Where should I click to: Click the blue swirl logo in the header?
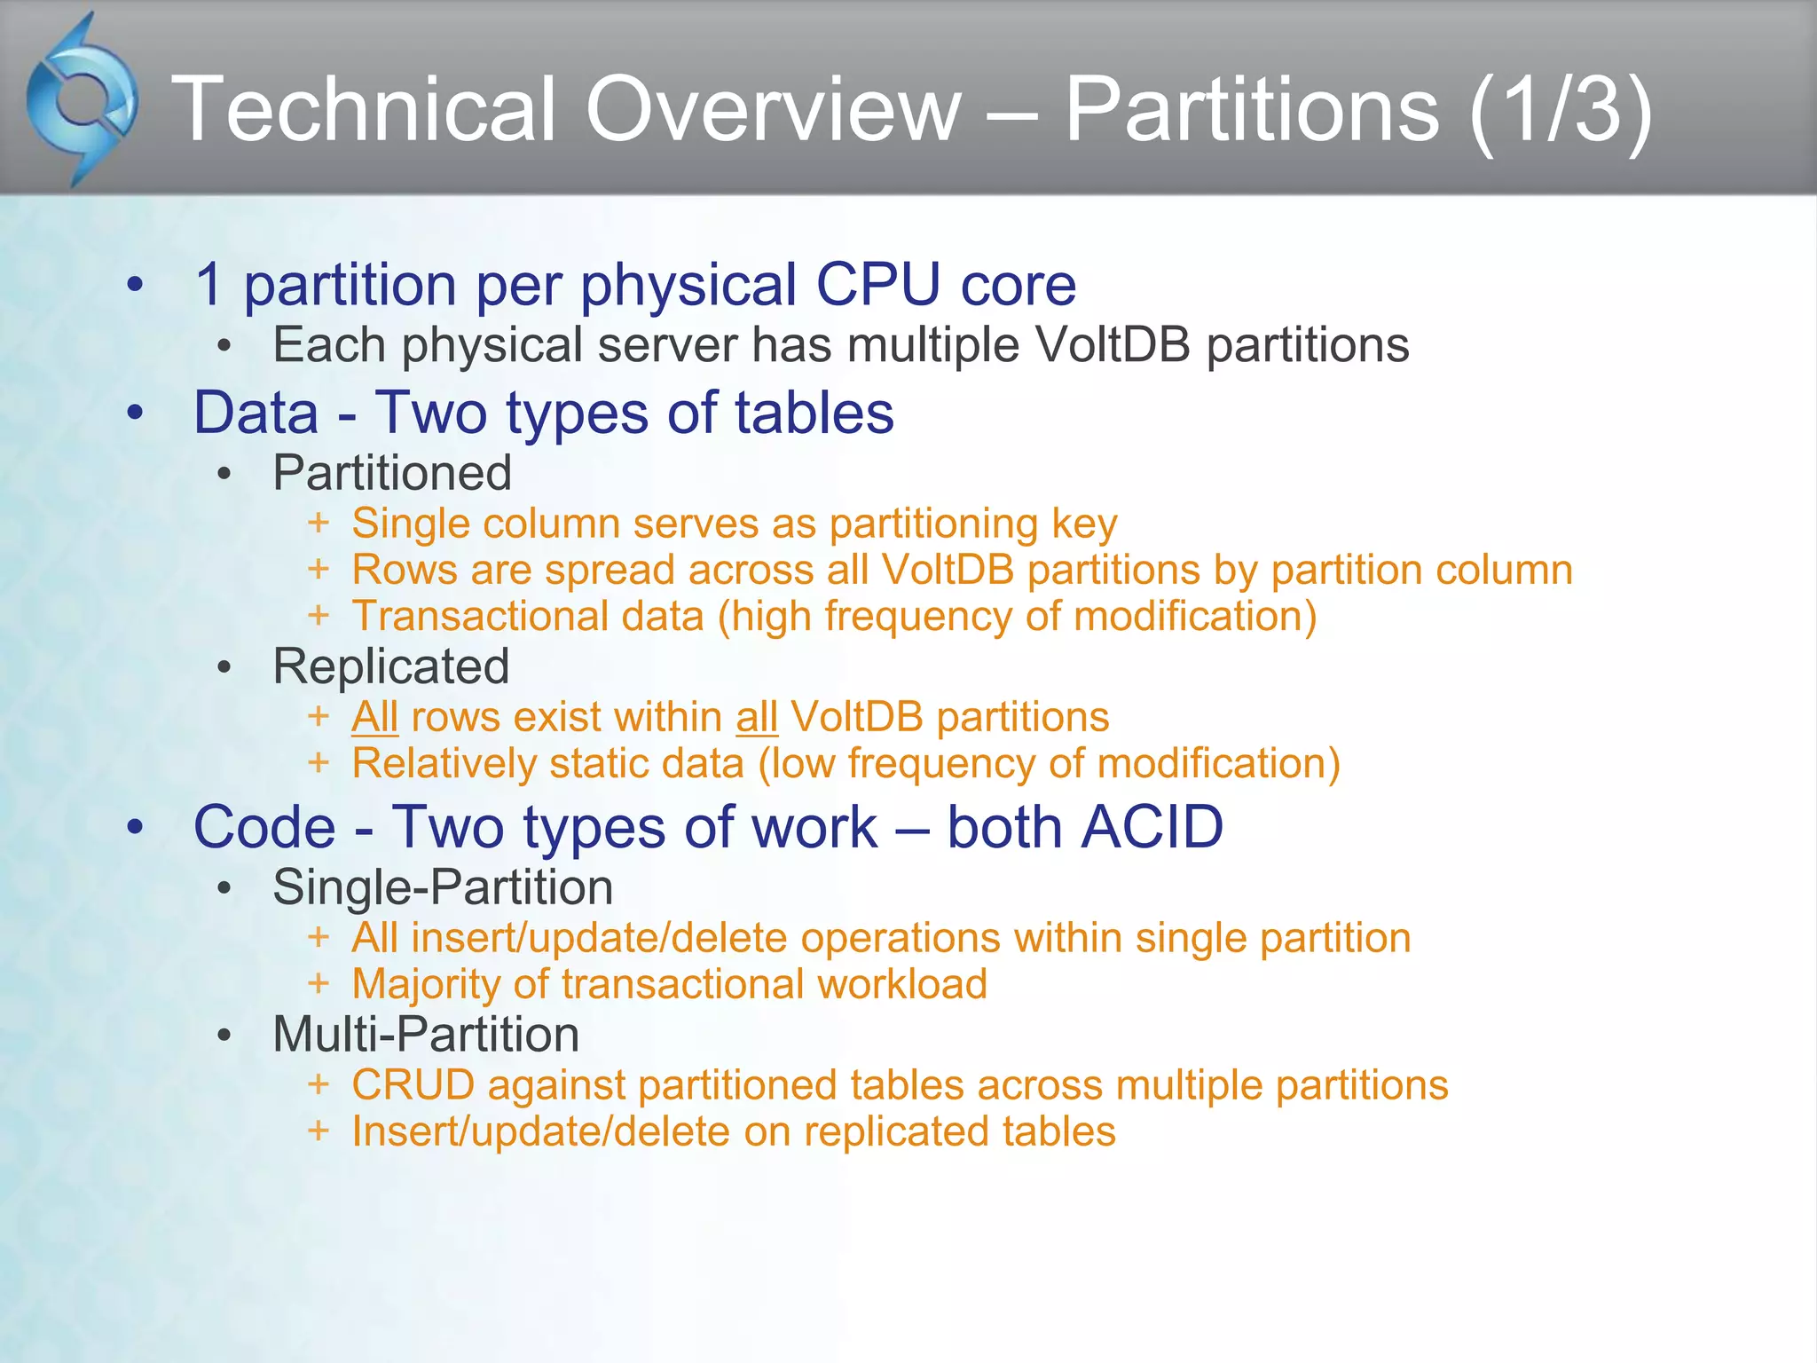(82, 100)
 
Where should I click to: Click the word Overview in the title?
(773, 109)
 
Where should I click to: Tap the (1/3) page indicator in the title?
(1561, 109)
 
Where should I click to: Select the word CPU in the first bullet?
(877, 285)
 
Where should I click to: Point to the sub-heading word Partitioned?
(392, 472)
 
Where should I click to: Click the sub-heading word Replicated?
(391, 666)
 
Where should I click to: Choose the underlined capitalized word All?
(374, 717)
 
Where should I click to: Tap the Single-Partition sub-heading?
(443, 886)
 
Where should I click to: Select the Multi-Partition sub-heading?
(426, 1034)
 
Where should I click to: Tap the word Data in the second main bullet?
(256, 413)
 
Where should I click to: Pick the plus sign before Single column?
(319, 523)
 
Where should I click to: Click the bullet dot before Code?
(135, 827)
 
